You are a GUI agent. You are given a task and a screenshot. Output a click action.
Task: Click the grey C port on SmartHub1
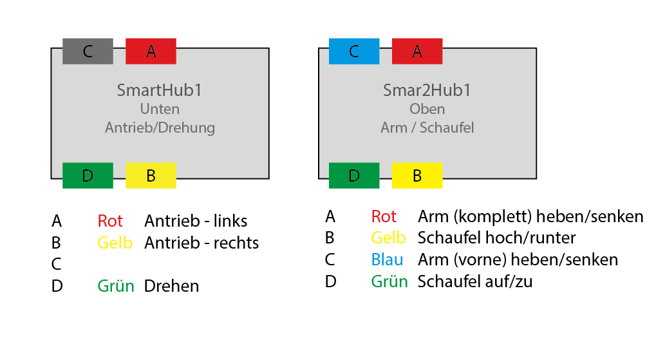pos(88,52)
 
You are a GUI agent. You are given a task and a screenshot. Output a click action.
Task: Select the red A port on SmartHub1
pos(151,52)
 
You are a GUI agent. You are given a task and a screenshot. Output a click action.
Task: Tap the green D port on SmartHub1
pos(88,176)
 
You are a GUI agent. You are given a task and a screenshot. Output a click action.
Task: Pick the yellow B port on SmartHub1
pos(151,176)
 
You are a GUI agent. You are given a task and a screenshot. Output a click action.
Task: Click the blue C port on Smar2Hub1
pos(354,52)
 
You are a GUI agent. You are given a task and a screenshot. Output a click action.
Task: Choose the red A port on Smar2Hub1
pos(417,52)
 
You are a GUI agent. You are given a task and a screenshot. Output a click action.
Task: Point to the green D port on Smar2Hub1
pos(354,176)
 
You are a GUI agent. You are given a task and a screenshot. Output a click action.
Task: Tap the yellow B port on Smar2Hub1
pos(417,176)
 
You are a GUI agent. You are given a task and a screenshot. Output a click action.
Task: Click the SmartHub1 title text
pos(160,90)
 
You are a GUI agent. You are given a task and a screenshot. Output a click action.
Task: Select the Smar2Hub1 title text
pos(427,90)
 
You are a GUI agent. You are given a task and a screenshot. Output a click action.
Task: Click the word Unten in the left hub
pos(160,109)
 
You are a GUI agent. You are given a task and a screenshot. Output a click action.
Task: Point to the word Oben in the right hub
pos(427,109)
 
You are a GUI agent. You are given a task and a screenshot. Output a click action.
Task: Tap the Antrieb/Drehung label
pos(160,128)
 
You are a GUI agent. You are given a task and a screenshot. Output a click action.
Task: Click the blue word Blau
pos(387,260)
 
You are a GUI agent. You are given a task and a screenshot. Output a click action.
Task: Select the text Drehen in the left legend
pos(171,286)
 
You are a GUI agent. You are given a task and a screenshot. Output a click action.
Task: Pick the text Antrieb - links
pos(196,221)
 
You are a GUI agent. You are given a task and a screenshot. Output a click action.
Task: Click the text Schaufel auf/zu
pos(475,281)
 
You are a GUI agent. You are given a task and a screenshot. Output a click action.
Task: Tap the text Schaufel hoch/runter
pos(496,238)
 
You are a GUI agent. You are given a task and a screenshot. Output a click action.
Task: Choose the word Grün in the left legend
pos(116,286)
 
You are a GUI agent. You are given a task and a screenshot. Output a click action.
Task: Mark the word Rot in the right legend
pos(384,216)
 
